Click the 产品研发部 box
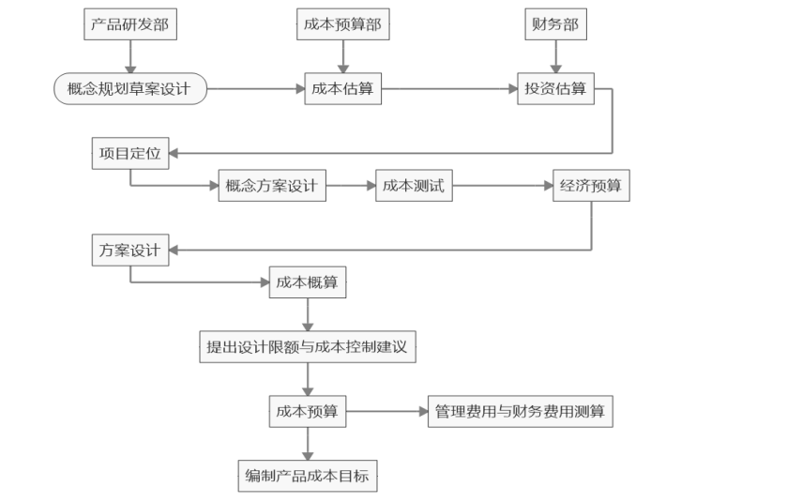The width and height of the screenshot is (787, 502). point(130,24)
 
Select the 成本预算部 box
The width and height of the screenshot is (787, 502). point(343,24)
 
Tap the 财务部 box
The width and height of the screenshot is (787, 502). point(555,24)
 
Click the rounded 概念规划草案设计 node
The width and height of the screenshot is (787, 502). point(130,89)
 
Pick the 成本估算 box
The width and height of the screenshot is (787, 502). point(343,89)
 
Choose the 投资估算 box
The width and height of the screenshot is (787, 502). point(555,89)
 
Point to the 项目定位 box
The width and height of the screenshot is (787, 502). point(130,153)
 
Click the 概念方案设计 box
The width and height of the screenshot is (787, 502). point(272,186)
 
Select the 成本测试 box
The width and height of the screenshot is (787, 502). point(414,186)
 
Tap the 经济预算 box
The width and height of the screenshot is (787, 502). point(591,186)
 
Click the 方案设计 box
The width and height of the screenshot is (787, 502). point(130,250)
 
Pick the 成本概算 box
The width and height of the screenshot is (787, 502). point(308,282)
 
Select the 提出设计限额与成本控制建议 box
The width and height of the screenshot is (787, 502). point(308,347)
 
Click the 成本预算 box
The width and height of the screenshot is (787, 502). point(308,412)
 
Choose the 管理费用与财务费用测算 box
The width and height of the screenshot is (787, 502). point(521,412)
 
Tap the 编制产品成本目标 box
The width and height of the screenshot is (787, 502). point(308,476)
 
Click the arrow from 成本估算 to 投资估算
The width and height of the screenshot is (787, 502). point(449,89)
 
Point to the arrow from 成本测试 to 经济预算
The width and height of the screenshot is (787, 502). point(503,186)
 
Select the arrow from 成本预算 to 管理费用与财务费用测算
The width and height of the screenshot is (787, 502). point(387,412)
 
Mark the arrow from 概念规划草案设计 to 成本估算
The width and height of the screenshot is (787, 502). point(256,89)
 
